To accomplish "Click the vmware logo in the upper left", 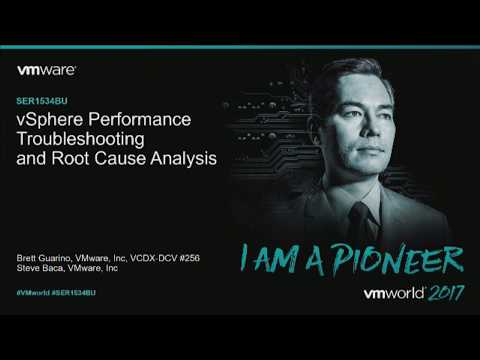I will (x=47, y=71).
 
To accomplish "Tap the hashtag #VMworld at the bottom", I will (x=36, y=292).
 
